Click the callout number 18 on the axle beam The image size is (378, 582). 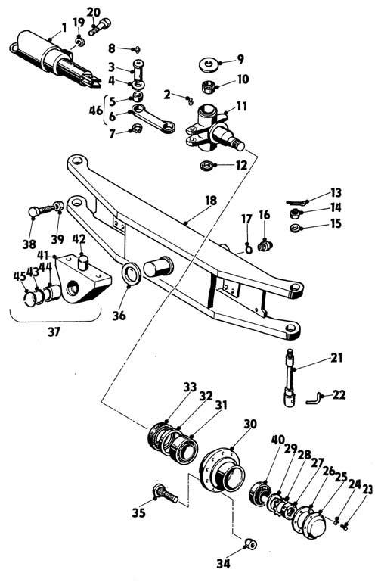(x=210, y=201)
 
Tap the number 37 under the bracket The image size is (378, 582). (x=54, y=331)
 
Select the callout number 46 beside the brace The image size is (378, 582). (x=96, y=110)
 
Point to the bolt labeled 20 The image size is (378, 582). (x=100, y=26)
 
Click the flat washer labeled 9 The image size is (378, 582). (x=209, y=64)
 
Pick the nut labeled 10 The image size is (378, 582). (x=208, y=87)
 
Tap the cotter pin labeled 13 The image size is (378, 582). (x=298, y=203)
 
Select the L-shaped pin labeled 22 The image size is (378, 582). (x=314, y=399)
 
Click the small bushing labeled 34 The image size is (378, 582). (x=250, y=544)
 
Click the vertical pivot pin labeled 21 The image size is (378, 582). (x=290, y=378)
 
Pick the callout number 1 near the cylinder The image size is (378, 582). (x=64, y=27)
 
